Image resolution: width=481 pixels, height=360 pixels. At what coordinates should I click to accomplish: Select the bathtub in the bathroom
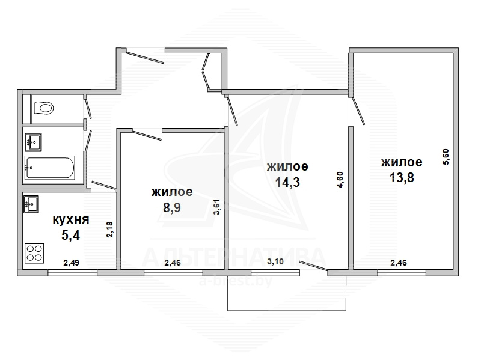pos(50,168)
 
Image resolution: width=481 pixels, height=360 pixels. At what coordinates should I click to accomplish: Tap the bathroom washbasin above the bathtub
pos(34,142)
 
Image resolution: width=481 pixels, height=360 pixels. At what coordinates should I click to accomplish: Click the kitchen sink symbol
pos(31,204)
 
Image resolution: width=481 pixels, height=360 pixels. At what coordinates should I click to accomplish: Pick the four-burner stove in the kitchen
pos(34,253)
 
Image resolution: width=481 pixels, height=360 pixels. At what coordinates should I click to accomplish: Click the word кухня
pos(71,219)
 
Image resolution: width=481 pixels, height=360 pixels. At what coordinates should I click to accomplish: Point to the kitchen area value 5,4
pos(71,236)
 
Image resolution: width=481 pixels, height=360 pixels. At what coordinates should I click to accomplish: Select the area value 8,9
pos(172,207)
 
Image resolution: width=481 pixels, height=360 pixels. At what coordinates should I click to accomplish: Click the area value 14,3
pos(287,182)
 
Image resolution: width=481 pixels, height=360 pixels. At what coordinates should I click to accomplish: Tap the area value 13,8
pos(402,177)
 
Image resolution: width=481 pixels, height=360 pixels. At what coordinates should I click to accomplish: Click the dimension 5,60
pos(446,157)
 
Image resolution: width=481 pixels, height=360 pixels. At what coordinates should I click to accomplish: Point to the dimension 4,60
pos(340,180)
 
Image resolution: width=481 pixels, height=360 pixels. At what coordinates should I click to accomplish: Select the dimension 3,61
pos(217,207)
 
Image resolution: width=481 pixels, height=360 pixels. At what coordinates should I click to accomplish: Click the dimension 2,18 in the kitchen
pos(110,230)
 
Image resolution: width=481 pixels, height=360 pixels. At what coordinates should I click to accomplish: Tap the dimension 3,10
pos(275,262)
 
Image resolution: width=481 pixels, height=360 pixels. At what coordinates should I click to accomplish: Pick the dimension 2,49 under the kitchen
pos(71,263)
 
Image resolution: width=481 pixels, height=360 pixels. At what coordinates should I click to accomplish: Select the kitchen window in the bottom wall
pos(72,273)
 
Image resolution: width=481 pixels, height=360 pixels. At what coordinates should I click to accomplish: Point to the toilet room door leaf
pos(88,108)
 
